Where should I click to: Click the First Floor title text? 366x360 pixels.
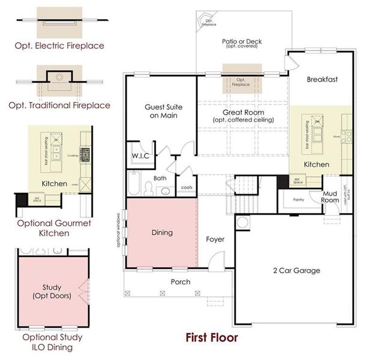pyautogui.click(x=211, y=338)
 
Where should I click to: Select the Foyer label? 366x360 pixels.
pyautogui.click(x=215, y=239)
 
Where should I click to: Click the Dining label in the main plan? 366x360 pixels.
pyautogui.click(x=162, y=232)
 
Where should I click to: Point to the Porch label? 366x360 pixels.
pyautogui.click(x=181, y=281)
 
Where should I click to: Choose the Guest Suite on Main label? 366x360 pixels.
pyautogui.click(x=163, y=111)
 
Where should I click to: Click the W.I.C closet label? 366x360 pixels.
pyautogui.click(x=140, y=157)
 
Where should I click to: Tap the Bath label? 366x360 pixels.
pyautogui.click(x=160, y=178)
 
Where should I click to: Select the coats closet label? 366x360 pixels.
pyautogui.click(x=187, y=188)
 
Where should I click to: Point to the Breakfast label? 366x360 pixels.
pyautogui.click(x=322, y=79)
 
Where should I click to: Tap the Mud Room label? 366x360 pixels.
pyautogui.click(x=331, y=197)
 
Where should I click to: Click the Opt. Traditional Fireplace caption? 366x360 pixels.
pyautogui.click(x=59, y=105)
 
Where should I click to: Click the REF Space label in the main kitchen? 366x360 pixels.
pyautogui.click(x=297, y=180)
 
